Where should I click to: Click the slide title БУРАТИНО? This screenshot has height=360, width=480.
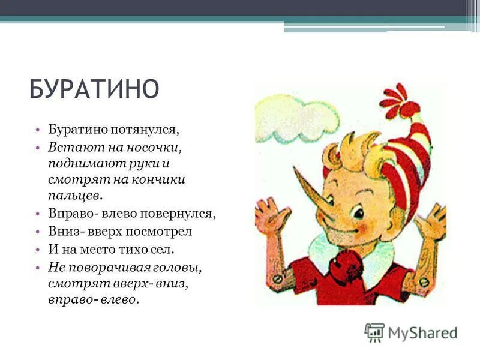click(x=94, y=89)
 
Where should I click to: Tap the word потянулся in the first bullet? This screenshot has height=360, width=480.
click(x=152, y=129)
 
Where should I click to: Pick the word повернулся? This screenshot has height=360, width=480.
click(x=185, y=213)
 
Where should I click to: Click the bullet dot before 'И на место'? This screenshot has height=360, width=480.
click(x=37, y=248)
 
